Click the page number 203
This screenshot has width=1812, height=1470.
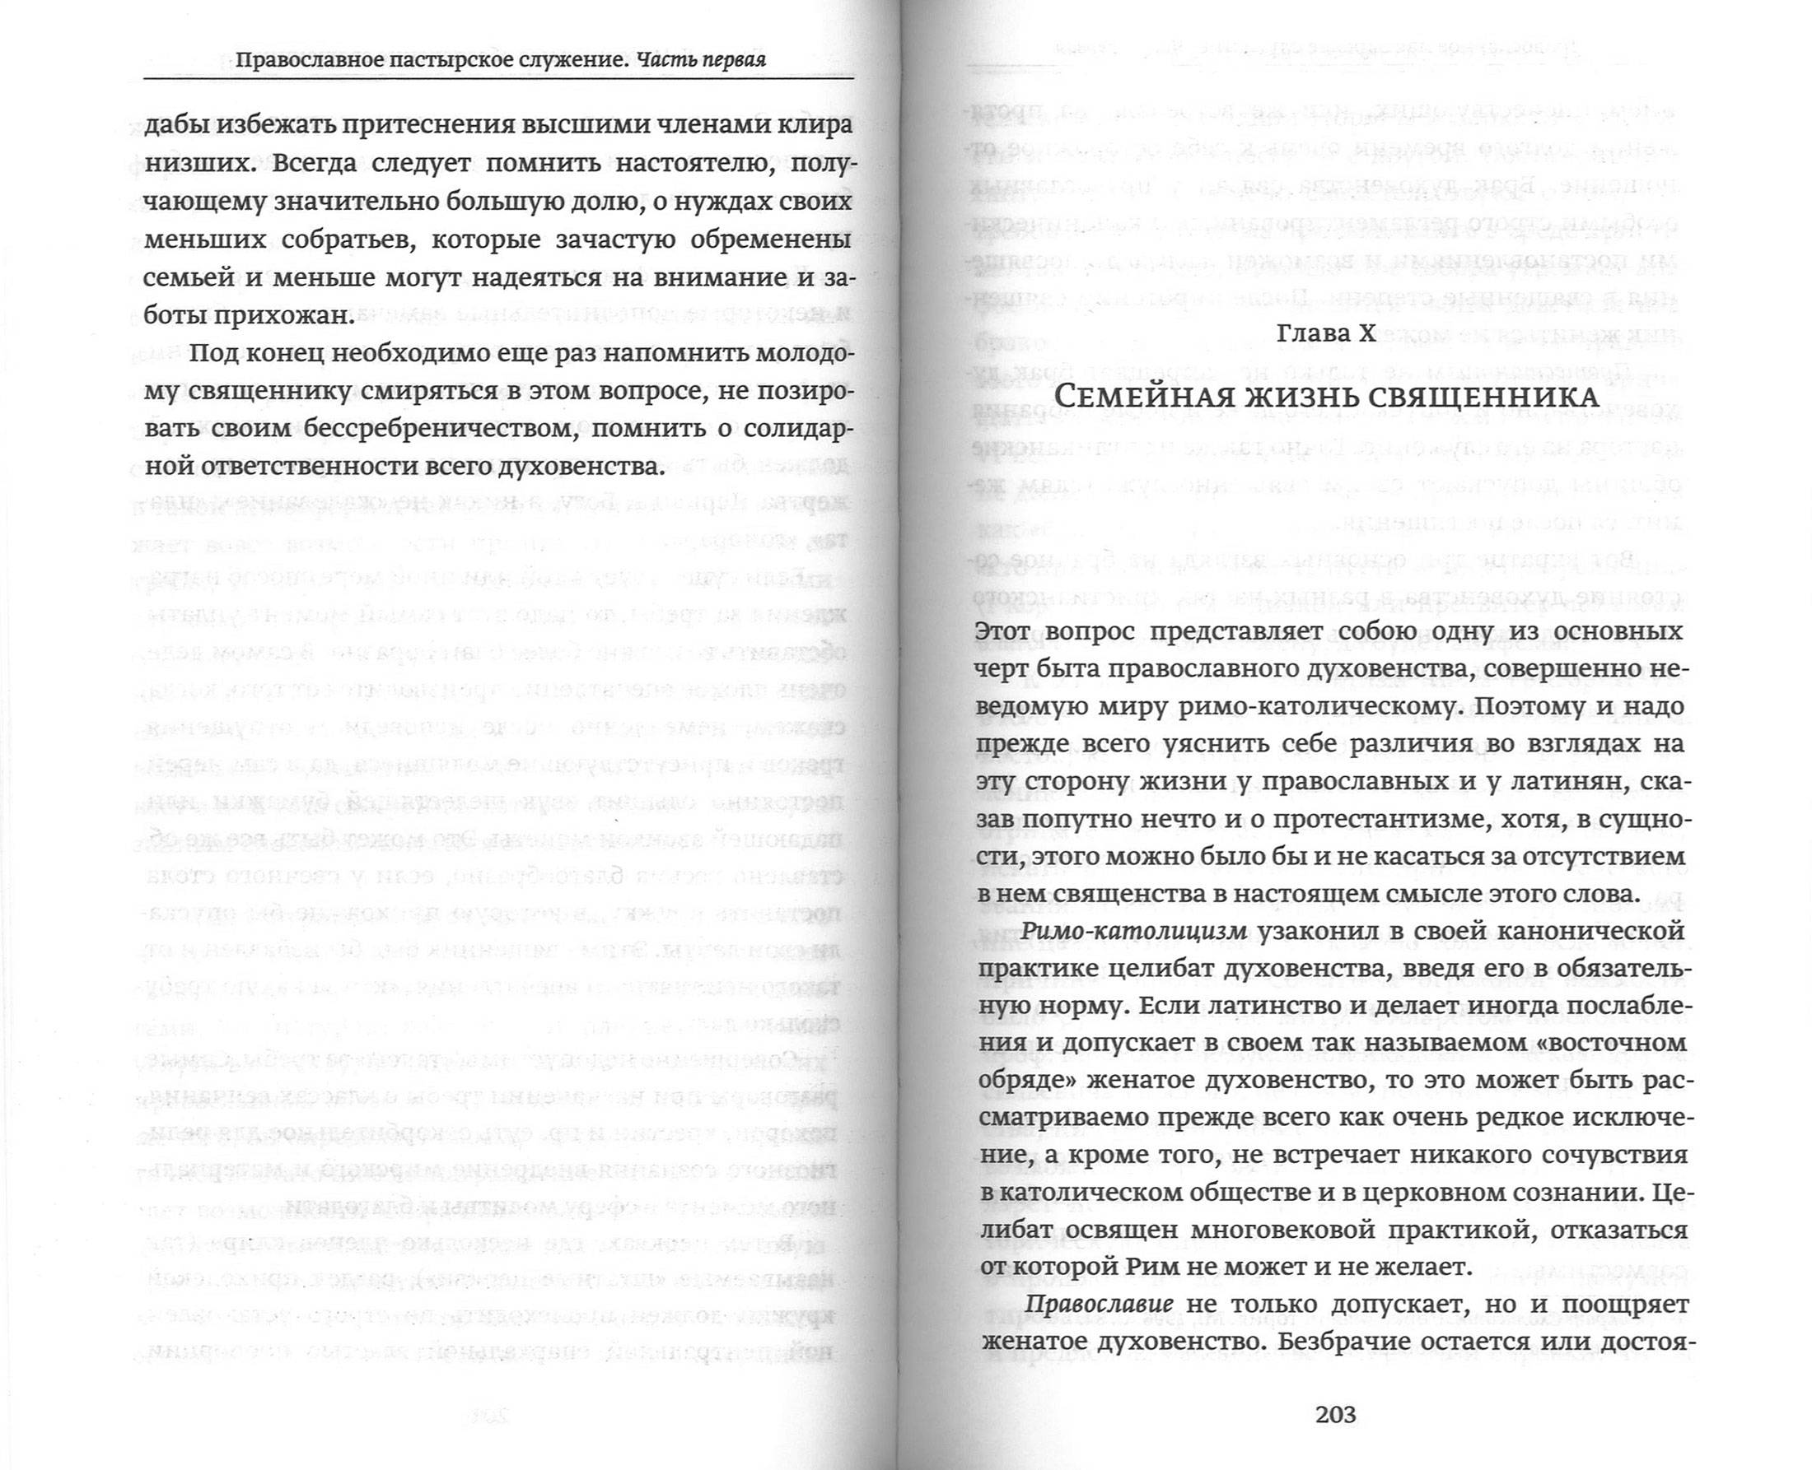pyautogui.click(x=1337, y=1413)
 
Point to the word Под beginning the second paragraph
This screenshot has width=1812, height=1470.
pyautogui.click(x=212, y=353)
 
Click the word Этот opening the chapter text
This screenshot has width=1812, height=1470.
pyautogui.click(x=1010, y=633)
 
